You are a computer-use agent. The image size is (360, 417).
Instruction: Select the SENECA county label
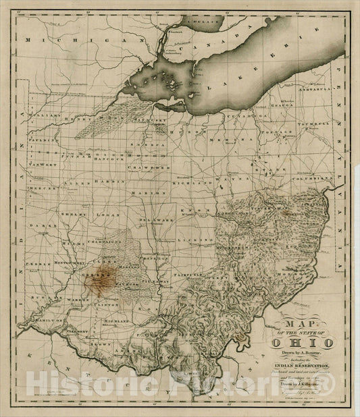149,144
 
